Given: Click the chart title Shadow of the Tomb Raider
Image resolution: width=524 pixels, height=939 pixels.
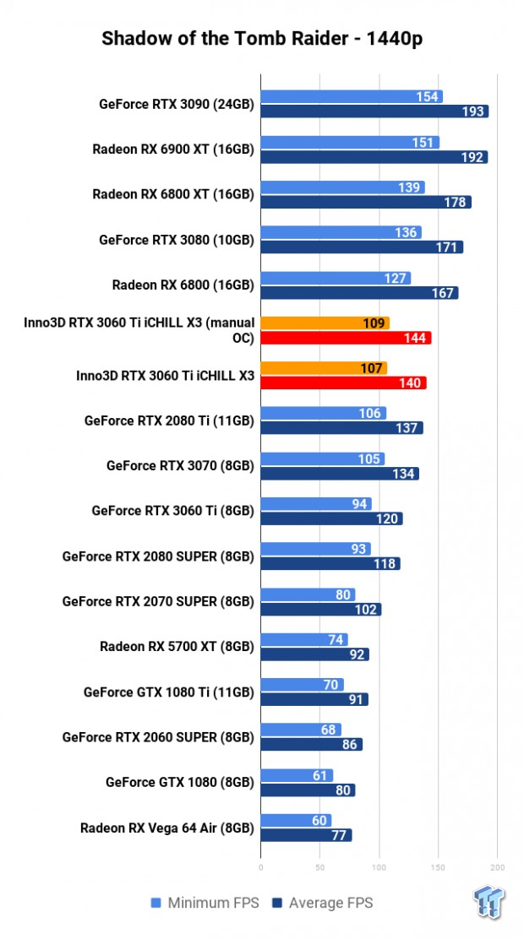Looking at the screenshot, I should click(x=262, y=39).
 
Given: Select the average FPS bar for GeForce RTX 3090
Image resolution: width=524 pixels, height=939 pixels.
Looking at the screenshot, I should click(x=374, y=111).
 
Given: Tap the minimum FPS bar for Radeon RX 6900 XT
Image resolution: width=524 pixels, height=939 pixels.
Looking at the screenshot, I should click(x=350, y=142).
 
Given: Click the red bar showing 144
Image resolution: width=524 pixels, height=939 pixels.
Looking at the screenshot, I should click(x=346, y=338).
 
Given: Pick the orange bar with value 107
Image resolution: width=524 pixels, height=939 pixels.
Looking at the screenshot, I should click(x=324, y=368).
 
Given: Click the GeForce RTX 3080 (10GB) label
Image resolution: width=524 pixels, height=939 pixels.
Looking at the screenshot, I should click(x=176, y=240).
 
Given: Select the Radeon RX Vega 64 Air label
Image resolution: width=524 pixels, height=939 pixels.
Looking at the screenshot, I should click(x=166, y=828).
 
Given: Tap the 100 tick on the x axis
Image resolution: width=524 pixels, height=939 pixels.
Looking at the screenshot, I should click(x=379, y=866).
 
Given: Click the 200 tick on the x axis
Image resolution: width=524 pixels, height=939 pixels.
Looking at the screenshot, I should click(x=497, y=866).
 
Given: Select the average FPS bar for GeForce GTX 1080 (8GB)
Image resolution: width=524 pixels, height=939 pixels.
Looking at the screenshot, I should click(x=308, y=790).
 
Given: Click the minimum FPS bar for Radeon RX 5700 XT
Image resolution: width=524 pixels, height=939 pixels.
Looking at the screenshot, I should click(x=304, y=639).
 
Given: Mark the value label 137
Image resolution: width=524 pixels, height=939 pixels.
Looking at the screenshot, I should click(x=407, y=428).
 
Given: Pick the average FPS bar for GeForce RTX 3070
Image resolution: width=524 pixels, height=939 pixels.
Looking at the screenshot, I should click(x=340, y=474).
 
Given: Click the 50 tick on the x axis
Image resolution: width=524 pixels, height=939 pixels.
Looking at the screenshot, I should click(x=319, y=866).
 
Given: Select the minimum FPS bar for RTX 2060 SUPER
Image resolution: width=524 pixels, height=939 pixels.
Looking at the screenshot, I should click(x=301, y=730).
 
